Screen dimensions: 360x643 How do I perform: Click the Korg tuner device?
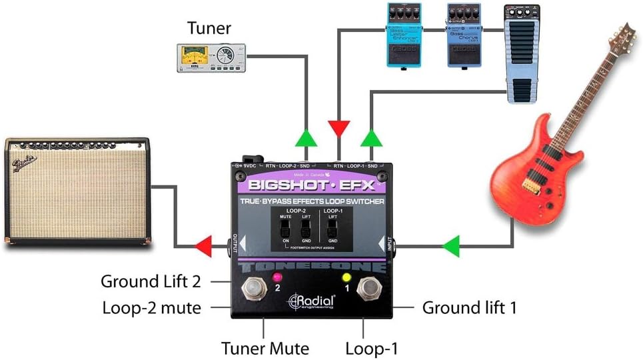211,58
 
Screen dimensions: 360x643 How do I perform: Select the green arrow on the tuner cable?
307,138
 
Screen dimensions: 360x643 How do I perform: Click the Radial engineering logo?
311,301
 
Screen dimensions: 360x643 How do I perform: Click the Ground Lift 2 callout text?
151,281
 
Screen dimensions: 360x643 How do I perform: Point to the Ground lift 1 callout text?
470,307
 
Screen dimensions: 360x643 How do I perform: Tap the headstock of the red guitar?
623,40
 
